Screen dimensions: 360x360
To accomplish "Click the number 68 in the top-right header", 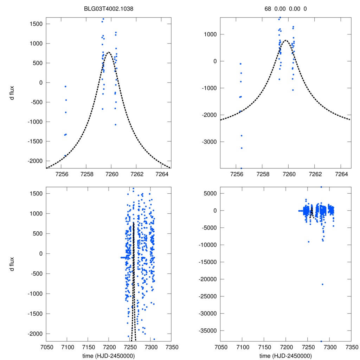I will pyautogui.click(x=268, y=9).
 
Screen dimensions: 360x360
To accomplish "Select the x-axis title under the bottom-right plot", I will pyautogui.click(x=286, y=355).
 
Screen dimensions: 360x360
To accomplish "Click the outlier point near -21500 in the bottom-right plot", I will pyautogui.click(x=322, y=284).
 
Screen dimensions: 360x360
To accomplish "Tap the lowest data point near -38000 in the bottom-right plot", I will pyautogui.click(x=321, y=341).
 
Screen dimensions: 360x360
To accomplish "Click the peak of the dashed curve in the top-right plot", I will pyautogui.click(x=286, y=40).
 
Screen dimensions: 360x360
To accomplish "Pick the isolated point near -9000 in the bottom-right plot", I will pyautogui.click(x=308, y=242).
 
